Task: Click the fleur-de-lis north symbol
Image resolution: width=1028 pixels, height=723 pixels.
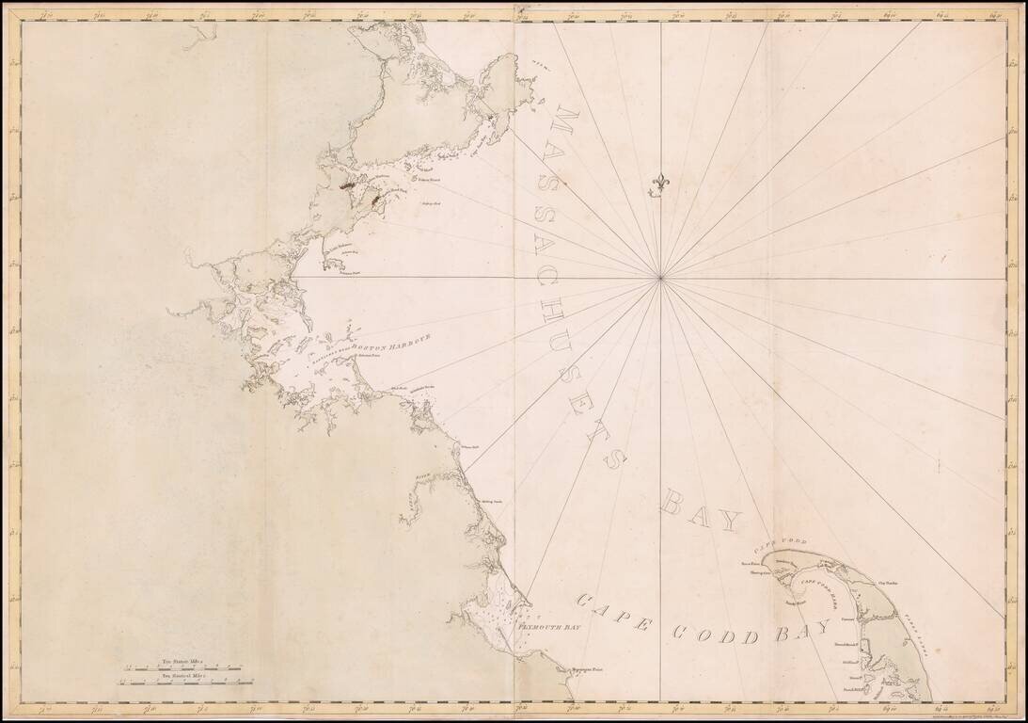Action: (x=659, y=185)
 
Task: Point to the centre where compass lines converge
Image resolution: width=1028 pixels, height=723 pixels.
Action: (x=661, y=278)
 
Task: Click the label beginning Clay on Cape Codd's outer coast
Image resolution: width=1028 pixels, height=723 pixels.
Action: (x=888, y=584)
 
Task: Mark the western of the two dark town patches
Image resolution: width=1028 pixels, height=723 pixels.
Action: (x=343, y=186)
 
